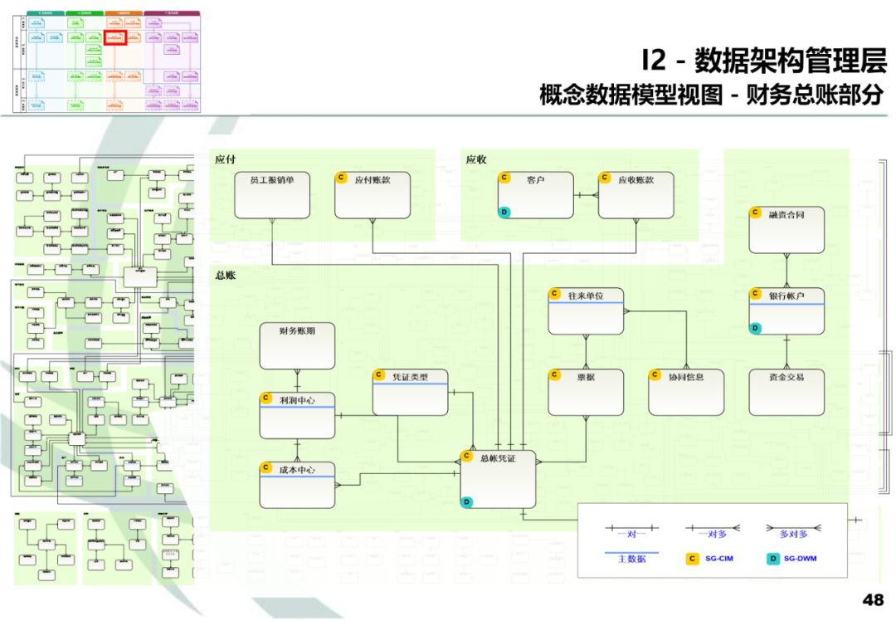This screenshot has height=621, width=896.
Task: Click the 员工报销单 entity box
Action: click(272, 195)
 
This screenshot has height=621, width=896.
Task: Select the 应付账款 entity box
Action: click(373, 195)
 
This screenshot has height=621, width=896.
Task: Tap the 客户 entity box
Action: click(535, 195)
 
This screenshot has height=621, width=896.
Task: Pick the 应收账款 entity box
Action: click(635, 195)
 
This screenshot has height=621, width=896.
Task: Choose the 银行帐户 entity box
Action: click(786, 311)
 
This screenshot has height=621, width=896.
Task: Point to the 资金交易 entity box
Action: click(786, 392)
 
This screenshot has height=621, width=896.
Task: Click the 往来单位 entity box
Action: click(586, 311)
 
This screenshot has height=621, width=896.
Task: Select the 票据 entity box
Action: click(586, 392)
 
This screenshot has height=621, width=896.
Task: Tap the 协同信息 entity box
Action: click(686, 392)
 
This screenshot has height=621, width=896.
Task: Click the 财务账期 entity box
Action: click(297, 345)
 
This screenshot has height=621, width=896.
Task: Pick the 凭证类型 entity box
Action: click(410, 392)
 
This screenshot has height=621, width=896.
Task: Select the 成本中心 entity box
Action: click(297, 485)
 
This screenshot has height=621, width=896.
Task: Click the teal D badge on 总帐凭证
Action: click(467, 501)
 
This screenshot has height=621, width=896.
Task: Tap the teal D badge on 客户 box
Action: click(504, 213)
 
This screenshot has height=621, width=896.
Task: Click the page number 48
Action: click(873, 599)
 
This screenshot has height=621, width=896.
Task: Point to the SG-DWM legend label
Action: click(801, 559)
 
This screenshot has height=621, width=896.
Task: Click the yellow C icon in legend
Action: click(691, 559)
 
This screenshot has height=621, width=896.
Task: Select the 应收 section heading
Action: click(476, 159)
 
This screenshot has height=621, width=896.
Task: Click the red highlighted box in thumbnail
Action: click(114, 38)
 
